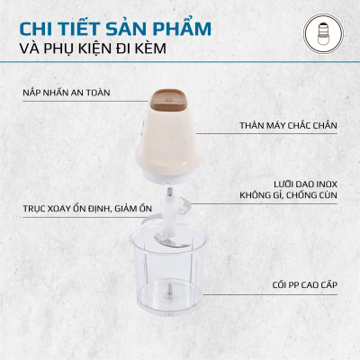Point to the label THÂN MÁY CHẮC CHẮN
tap(287, 127)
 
